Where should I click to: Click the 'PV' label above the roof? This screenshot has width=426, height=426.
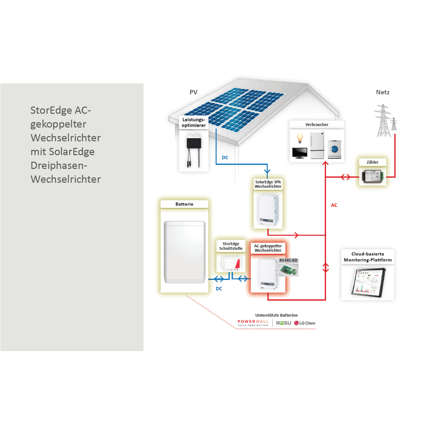coord(193,92)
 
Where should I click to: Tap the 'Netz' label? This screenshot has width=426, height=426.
coord(383,92)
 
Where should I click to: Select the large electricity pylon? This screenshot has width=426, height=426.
coord(383,121)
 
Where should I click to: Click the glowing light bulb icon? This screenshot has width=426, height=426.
coord(300,138)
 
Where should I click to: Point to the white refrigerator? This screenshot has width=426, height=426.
coord(317,145)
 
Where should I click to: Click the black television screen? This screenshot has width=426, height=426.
coord(300,152)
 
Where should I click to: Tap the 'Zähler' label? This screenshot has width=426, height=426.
coord(372,162)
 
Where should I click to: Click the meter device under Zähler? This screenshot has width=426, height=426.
coord(372,176)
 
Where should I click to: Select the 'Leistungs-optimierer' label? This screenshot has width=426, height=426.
coord(194,122)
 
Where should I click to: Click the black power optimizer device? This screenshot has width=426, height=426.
coord(194,144)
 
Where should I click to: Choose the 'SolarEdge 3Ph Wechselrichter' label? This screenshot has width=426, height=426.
coord(268,184)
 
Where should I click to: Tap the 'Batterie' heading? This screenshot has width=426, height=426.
coord(184,204)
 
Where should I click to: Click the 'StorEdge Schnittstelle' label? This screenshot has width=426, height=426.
coord(231,246)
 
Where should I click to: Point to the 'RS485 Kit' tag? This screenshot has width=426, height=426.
coord(288,260)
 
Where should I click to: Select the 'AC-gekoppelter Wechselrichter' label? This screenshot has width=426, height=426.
coord(268,248)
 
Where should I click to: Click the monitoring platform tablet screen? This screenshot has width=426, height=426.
coord(368,282)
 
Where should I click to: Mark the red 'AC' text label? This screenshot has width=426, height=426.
coord(334,205)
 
